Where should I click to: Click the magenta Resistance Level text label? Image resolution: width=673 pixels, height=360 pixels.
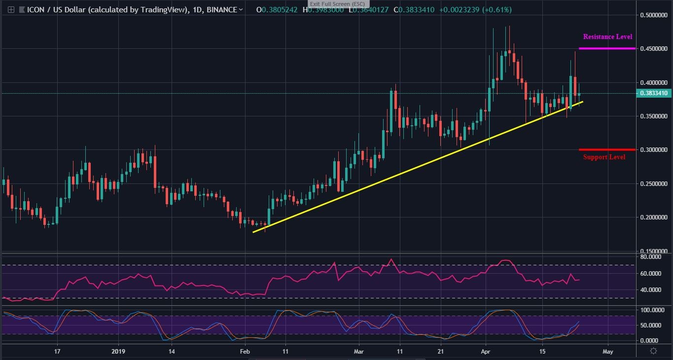pos(607,36)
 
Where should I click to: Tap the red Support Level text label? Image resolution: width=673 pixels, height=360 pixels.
pos(604,157)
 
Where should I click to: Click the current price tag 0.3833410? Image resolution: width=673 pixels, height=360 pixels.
pos(654,93)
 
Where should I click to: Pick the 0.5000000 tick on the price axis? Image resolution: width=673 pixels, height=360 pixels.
pos(654,15)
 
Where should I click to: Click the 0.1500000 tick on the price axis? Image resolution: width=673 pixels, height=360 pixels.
pos(654,251)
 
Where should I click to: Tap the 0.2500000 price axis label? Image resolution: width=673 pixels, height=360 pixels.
pos(654,183)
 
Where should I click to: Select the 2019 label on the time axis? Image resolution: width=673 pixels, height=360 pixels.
pos(119,352)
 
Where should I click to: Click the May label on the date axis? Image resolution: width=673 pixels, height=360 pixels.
pos(607,352)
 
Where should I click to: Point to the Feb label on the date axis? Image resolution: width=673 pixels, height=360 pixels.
pos(245,352)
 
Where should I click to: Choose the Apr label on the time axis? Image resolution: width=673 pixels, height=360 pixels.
pos(486,352)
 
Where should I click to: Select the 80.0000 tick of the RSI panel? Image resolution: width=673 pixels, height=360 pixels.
pos(651,257)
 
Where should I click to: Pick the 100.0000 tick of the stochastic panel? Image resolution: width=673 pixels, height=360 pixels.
pos(651,310)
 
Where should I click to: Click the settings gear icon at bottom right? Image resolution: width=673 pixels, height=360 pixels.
pos(653,351)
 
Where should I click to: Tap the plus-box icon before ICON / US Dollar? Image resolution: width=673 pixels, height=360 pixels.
pos(11,10)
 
